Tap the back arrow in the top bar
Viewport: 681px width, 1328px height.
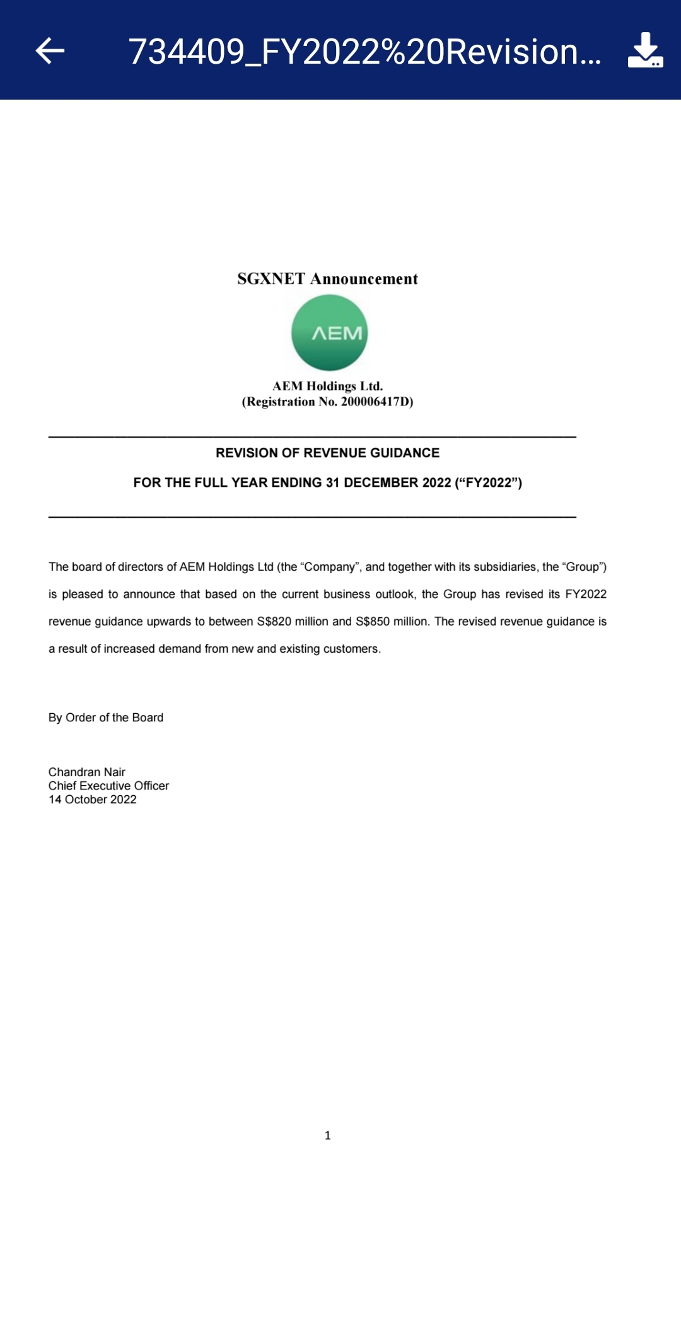click(50, 51)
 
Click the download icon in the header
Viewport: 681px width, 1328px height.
click(645, 50)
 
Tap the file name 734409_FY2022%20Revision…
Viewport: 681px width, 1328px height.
click(364, 52)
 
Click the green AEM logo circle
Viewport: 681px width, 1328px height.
click(329, 333)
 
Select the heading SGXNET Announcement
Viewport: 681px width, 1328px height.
click(327, 279)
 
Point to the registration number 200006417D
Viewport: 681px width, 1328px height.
click(376, 402)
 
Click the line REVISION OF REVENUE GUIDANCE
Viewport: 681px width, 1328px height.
click(327, 453)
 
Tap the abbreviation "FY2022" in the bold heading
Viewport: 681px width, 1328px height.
click(489, 482)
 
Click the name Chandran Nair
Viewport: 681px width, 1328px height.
click(87, 772)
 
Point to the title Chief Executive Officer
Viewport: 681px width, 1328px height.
click(108, 786)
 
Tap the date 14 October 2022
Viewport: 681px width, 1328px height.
click(93, 800)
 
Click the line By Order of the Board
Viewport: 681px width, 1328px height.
click(106, 718)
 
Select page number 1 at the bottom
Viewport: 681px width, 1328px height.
click(327, 1135)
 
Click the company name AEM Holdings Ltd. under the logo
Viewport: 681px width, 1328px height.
click(327, 386)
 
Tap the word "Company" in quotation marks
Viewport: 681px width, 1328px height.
click(330, 567)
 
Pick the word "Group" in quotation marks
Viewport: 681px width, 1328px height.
click(582, 567)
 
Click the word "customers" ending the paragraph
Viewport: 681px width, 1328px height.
click(351, 649)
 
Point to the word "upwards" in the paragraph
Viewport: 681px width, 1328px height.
click(168, 621)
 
